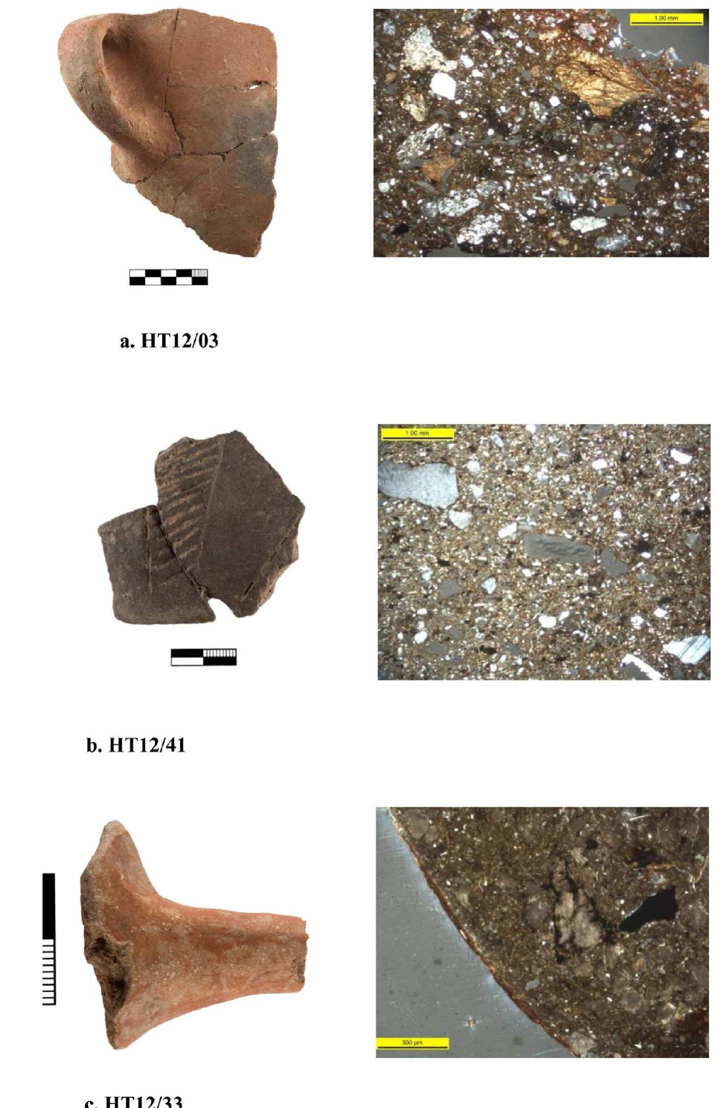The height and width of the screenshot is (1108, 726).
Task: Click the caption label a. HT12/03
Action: [169, 341]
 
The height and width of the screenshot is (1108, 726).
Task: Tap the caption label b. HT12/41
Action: [135, 745]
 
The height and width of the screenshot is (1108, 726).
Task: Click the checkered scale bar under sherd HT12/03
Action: [168, 277]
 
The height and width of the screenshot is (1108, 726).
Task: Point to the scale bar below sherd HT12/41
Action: [204, 657]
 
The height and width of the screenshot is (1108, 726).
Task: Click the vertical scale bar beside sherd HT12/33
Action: [49, 938]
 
